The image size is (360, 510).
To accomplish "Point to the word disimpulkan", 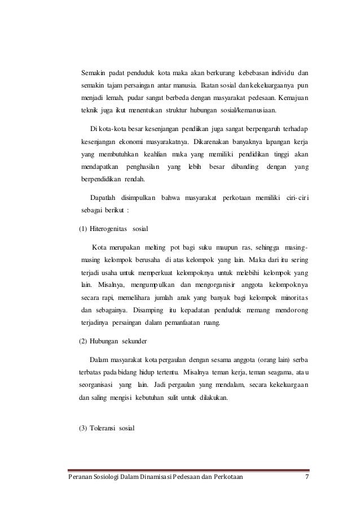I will coord(138,197).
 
